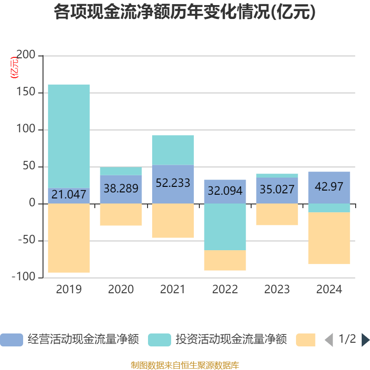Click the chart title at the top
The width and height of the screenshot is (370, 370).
[185, 12]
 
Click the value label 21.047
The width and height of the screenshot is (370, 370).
[68, 195]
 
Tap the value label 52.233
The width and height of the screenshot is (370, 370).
[173, 183]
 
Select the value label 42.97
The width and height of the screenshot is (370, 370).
[329, 186]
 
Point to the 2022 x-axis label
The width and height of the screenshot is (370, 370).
[225, 290]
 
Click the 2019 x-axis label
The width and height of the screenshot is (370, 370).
[68, 290]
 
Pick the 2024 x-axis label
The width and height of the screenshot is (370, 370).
[329, 290]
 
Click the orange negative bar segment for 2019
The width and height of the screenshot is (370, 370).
[68, 238]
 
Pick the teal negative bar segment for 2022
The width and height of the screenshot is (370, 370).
[225, 227]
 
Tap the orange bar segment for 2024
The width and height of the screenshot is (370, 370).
[329, 238]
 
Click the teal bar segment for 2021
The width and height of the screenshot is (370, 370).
[173, 150]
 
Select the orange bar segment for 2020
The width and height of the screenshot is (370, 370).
[121, 215]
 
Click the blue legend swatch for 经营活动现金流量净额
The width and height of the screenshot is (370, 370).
[11, 340]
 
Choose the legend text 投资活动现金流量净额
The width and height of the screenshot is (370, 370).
[231, 340]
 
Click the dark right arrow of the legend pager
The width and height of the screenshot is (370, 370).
[365, 340]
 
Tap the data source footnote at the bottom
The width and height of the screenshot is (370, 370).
[185, 365]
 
